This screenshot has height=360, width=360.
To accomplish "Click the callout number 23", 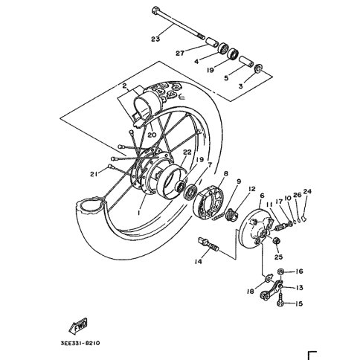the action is point(155,39).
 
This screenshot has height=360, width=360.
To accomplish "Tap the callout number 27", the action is point(180,53).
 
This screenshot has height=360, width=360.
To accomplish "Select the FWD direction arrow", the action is point(78,325).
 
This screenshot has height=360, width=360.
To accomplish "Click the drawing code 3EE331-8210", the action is point(80,344).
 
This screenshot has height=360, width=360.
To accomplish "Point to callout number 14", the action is point(199,261).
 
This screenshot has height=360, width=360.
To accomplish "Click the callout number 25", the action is point(278,257).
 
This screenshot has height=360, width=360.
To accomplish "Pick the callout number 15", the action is point(299,303).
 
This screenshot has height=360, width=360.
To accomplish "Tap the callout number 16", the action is point(299,271).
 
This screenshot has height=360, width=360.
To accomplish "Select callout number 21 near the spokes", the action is point(94,174).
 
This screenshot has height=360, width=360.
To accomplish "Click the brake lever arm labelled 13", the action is point(271,291).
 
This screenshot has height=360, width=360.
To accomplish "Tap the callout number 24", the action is point(307,191).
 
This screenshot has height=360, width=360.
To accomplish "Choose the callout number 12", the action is point(251,189).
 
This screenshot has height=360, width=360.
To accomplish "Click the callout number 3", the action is point(240,86).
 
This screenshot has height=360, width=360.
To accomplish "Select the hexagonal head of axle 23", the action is point(155,10).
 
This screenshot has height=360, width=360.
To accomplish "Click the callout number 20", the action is point(152,135).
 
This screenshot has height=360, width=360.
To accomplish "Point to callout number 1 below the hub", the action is point(139,213).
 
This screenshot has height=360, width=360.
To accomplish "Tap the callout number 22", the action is point(187,152).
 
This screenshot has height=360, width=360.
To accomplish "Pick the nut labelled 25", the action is point(276,240).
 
